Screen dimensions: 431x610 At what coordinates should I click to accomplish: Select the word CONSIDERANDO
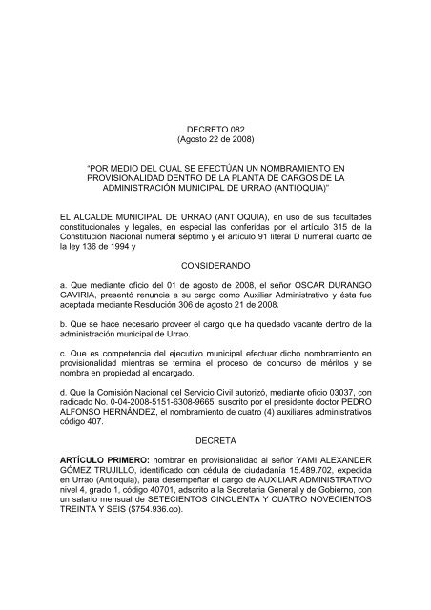coord(216,269)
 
